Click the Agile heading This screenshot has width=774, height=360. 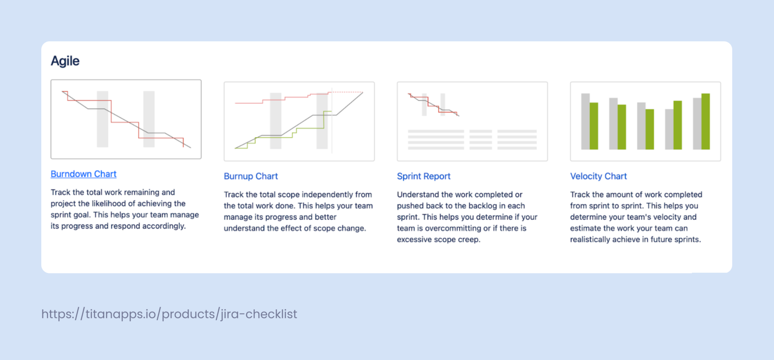65,61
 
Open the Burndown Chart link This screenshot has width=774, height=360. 84,174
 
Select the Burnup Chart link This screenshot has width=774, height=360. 251,176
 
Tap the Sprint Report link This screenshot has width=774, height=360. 423,176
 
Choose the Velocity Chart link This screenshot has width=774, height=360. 598,176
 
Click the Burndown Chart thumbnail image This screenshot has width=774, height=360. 126,119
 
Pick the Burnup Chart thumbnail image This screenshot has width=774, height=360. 299,121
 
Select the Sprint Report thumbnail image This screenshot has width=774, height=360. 472,121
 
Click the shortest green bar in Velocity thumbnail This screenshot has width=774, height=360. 650,129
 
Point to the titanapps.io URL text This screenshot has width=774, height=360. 169,314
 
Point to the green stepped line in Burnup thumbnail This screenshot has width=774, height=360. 310,128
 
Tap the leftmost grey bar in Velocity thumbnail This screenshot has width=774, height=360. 585,121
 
